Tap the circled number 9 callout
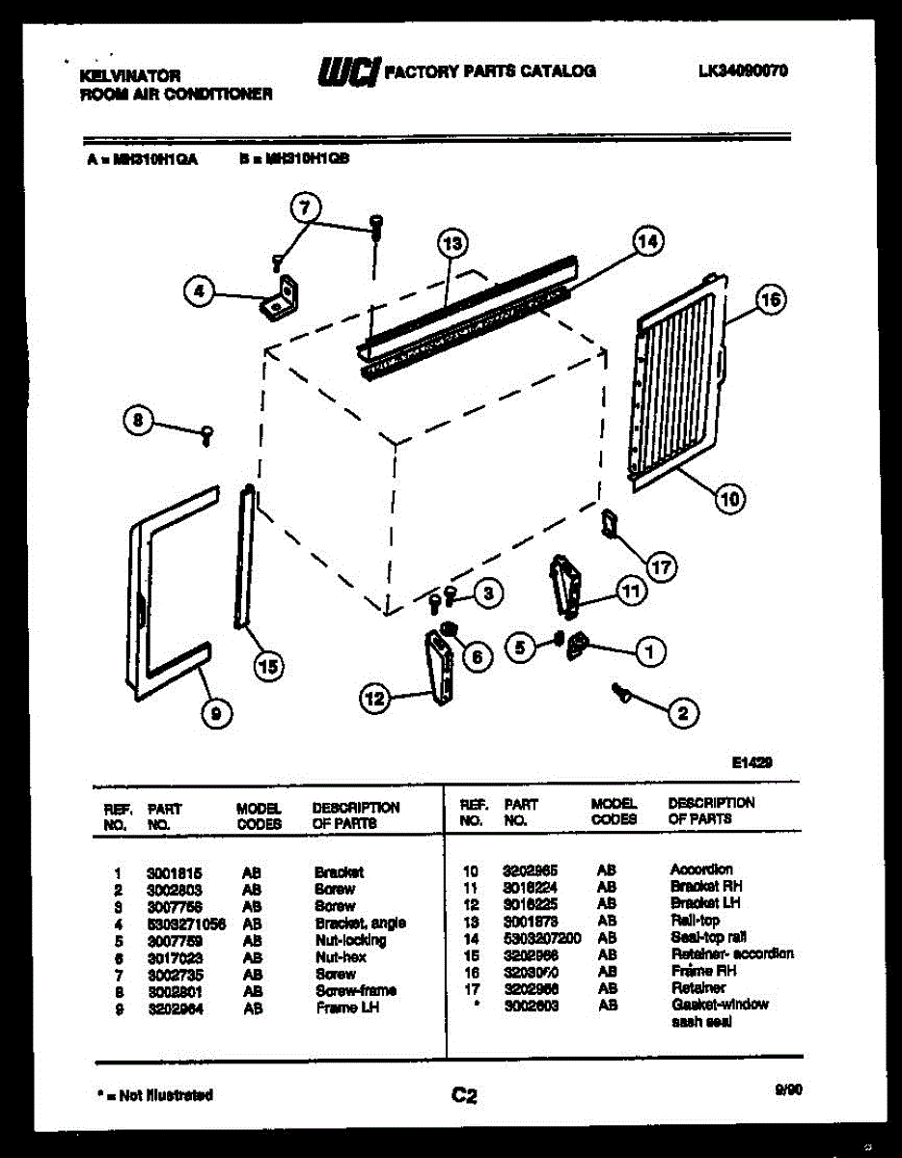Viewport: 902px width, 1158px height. pos(215,713)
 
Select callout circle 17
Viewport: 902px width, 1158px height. pos(661,567)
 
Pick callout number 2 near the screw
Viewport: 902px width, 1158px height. pos(682,714)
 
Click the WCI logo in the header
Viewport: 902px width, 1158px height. pos(348,71)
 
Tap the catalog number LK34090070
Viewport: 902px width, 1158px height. pos(742,70)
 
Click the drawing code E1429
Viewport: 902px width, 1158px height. pos(752,762)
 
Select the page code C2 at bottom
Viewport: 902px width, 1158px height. pos(464,1095)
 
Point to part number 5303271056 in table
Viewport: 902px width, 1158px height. pos(186,923)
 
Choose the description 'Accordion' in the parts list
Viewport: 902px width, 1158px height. pos(701,869)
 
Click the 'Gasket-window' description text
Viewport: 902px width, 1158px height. pos(719,1005)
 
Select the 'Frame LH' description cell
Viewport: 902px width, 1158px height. pos(347,1007)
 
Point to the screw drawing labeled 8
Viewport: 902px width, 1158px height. pos(205,436)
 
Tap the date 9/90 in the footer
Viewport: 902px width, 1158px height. pos(788,1090)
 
